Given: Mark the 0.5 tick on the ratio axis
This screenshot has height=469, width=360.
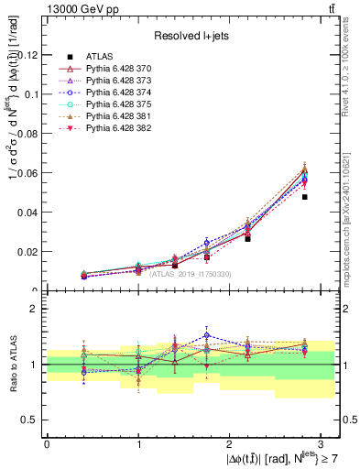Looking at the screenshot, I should [x=32, y=420].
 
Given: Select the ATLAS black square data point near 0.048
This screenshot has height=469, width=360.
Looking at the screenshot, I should [x=305, y=197].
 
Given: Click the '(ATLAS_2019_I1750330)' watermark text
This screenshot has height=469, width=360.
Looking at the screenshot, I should [x=191, y=274].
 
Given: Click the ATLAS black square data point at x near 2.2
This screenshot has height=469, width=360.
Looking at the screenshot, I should [x=247, y=238].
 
